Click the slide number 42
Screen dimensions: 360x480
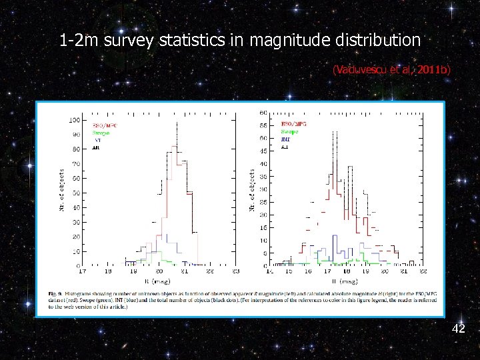pos(458,329)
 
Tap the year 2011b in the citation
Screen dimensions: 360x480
pos(434,69)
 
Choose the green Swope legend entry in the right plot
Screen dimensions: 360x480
pos(289,132)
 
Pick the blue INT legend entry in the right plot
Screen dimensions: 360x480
pos(285,139)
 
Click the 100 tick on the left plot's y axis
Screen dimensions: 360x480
pos(75,121)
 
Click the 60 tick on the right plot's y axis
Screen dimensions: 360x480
pos(263,113)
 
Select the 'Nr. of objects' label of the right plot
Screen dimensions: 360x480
pos(252,190)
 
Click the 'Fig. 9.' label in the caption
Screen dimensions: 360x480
pos(57,294)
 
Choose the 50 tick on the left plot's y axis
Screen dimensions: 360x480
pos(77,193)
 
